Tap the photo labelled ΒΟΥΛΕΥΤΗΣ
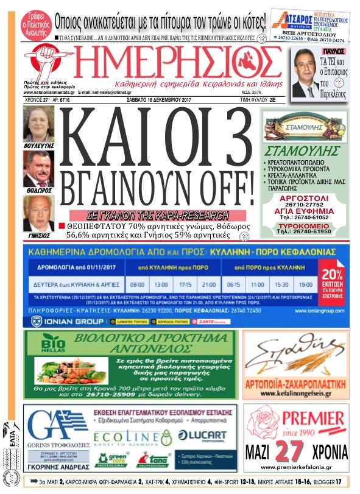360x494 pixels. tap(38, 124)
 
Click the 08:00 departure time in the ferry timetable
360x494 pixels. tap(138, 284)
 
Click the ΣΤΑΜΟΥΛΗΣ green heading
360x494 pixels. tap(302, 150)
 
